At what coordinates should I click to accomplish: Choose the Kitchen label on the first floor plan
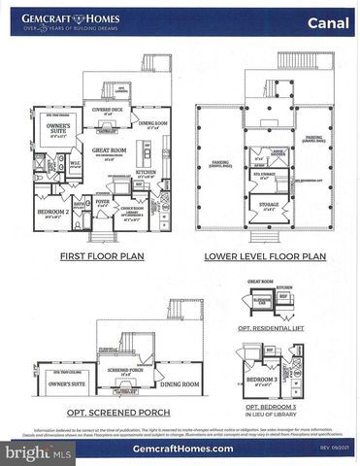pos(145,171)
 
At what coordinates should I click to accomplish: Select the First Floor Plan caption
pos(93,256)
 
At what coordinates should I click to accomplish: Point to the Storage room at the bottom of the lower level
pos(268,205)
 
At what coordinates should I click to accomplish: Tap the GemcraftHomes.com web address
pos(180,449)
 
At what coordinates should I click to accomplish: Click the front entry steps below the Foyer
pos(106,233)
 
